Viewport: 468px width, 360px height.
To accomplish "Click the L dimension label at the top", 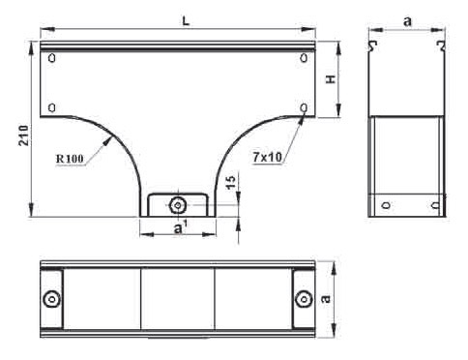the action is [x=186, y=20].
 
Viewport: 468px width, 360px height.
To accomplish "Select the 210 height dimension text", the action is [x=23, y=135].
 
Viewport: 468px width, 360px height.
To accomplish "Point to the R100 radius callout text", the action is [x=70, y=159].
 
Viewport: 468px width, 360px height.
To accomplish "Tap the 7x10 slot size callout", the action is [x=267, y=158].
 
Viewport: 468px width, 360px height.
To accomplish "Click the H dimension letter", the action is [x=331, y=79].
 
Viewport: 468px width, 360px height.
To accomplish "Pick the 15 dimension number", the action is [x=231, y=182].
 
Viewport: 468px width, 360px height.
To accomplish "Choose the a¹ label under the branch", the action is [x=180, y=227].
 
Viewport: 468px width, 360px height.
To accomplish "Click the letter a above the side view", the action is [x=408, y=21].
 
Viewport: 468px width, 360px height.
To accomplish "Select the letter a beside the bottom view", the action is [x=326, y=298].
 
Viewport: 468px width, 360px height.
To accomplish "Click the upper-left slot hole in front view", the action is [x=51, y=58].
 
